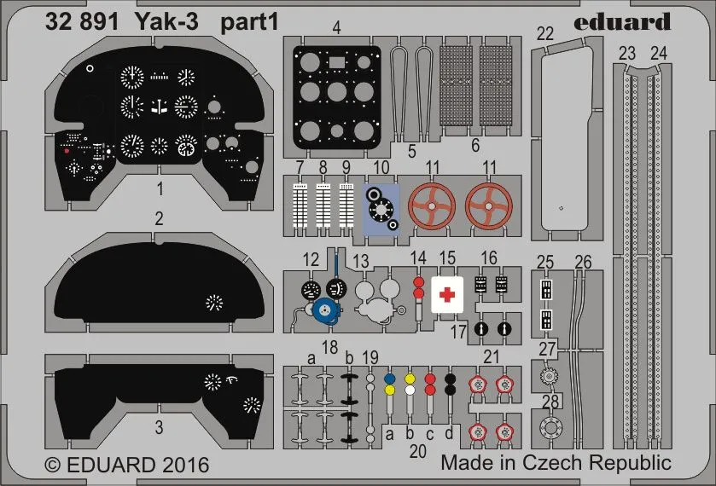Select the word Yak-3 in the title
[x=166, y=23]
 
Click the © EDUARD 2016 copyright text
[x=126, y=466]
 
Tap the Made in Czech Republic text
[x=556, y=463]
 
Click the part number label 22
[x=545, y=33]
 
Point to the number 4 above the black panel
[x=337, y=27]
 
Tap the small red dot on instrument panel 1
[x=67, y=150]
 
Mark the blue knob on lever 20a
[x=389, y=379]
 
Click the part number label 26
[x=583, y=260]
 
